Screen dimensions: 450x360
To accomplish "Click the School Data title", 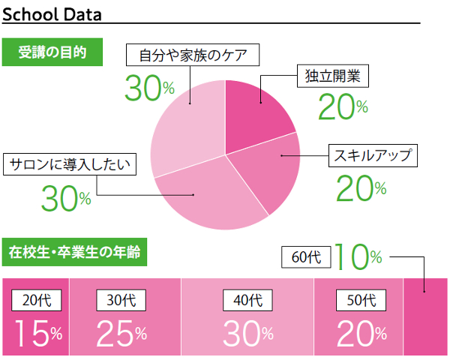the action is [x=52, y=14].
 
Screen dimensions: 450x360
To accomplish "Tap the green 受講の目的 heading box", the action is [x=52, y=52].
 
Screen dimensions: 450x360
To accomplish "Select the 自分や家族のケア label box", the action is [x=193, y=55].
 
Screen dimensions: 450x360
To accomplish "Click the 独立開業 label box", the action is [x=332, y=76].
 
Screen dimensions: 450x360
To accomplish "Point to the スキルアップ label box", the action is [x=373, y=155].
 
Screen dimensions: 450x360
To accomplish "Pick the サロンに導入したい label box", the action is [x=70, y=164].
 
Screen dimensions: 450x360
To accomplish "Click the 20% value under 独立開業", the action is [x=343, y=106].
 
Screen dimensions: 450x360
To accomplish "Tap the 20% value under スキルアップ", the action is [x=361, y=188].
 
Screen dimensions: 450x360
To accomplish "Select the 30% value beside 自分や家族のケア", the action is [x=149, y=88].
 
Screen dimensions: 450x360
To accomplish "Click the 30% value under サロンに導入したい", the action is [x=66, y=198].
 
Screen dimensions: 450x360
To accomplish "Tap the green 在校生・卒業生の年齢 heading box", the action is [x=74, y=252].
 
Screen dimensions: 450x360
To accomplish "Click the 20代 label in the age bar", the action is [x=37, y=300].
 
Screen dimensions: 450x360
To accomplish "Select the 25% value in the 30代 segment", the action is [x=121, y=333].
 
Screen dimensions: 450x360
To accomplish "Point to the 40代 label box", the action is [x=247, y=300].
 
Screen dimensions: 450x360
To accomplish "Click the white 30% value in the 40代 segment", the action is [x=248, y=333].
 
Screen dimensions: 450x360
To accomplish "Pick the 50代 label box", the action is [x=361, y=300].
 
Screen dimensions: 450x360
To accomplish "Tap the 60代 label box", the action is [x=306, y=257].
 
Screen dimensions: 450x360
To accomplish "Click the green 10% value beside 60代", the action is [x=358, y=257].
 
